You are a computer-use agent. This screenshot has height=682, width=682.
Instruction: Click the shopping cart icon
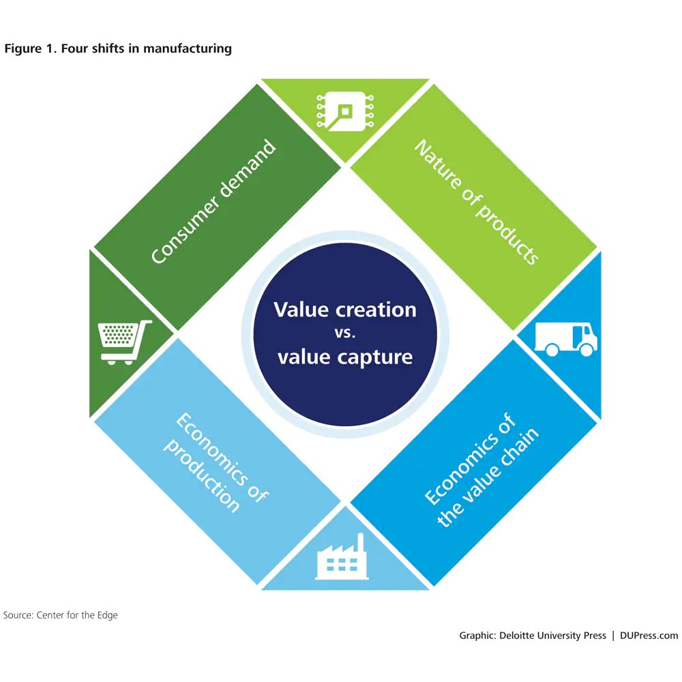click(124, 342)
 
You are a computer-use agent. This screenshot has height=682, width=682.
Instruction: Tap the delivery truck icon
click(566, 340)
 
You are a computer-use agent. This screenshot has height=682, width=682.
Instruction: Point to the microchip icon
click(345, 111)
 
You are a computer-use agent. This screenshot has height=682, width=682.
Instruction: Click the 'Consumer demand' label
click(213, 201)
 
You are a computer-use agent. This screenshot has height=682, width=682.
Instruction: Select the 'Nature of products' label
click(477, 201)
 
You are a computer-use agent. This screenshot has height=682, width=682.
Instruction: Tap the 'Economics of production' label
click(216, 462)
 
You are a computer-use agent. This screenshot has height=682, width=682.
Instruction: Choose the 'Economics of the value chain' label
click(481, 470)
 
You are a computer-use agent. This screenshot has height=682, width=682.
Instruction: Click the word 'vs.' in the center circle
click(345, 333)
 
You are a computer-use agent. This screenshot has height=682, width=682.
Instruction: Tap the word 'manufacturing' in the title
click(188, 48)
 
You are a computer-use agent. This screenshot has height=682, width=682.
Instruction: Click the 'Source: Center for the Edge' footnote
click(61, 615)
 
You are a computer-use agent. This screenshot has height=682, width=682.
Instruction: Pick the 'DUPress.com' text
click(649, 636)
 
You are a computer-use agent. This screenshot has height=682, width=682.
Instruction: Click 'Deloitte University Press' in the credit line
click(552, 636)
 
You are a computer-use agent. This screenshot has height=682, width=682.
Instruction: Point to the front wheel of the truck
click(587, 350)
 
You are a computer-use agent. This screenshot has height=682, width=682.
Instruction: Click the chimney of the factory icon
click(360, 544)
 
